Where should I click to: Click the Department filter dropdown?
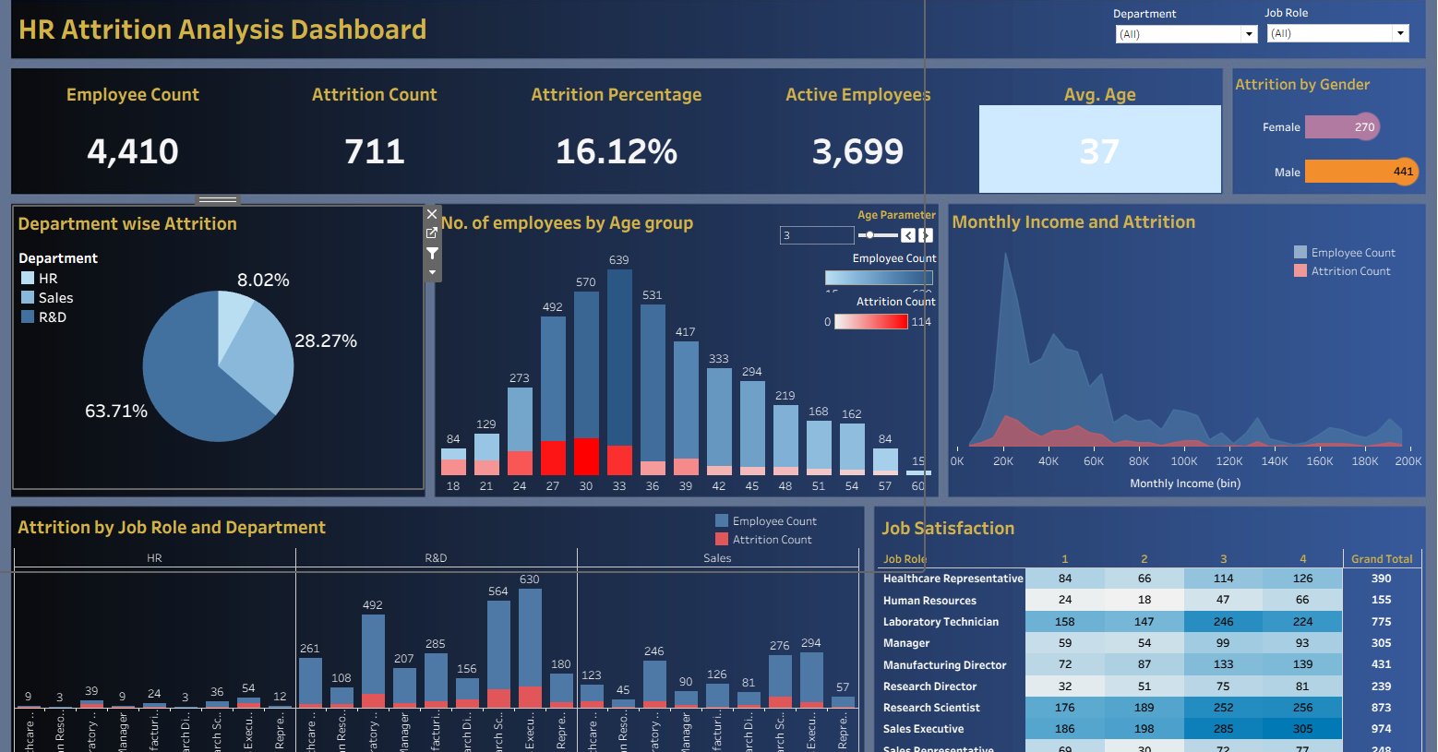(x=1186, y=34)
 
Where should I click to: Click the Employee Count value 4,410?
(x=133, y=151)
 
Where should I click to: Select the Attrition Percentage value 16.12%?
(x=616, y=151)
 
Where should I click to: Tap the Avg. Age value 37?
(x=1099, y=151)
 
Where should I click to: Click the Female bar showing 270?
(x=1341, y=127)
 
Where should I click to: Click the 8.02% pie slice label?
(x=263, y=281)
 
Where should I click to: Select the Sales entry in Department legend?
(x=55, y=298)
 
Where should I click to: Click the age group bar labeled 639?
(x=619, y=369)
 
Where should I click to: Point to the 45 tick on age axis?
(x=752, y=486)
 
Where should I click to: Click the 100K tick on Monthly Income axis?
(x=1184, y=461)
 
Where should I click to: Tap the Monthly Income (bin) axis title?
(x=1185, y=483)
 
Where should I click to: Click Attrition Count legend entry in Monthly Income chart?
(x=1350, y=271)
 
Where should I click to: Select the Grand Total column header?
(x=1382, y=559)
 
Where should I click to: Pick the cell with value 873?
(x=1381, y=708)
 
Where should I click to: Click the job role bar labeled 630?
(x=530, y=646)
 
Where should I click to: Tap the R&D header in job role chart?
(x=436, y=558)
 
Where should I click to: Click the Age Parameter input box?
(x=816, y=235)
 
